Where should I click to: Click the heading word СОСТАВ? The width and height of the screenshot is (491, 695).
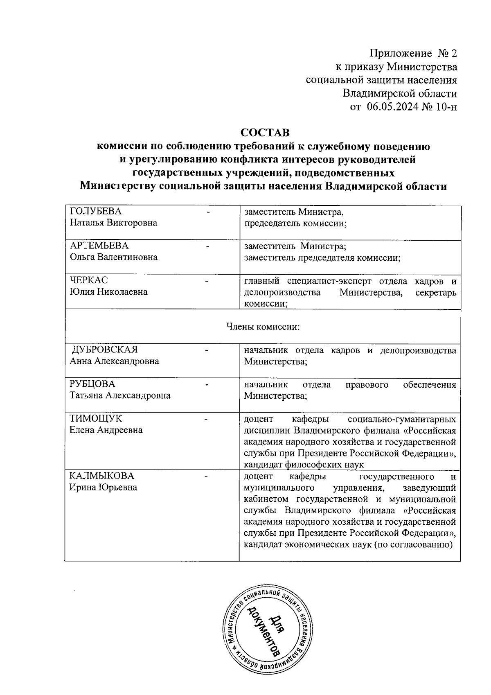coord(265,133)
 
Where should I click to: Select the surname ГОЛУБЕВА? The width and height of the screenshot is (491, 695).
coord(96,211)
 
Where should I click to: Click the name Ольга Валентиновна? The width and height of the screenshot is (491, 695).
coord(113,257)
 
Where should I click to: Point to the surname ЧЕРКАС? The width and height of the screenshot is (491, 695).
coord(89,280)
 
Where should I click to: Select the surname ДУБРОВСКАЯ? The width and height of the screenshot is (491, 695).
coord(105,350)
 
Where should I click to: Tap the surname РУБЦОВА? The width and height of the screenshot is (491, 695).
coord(92,384)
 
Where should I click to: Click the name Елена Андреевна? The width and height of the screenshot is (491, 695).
coord(106,430)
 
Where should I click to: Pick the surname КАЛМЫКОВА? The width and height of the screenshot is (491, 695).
coord(101,476)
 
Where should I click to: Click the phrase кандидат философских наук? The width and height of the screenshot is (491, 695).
coord(304,465)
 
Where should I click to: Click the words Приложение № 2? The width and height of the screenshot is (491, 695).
coord(413,54)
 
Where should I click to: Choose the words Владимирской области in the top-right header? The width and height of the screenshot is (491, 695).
coord(399,94)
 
